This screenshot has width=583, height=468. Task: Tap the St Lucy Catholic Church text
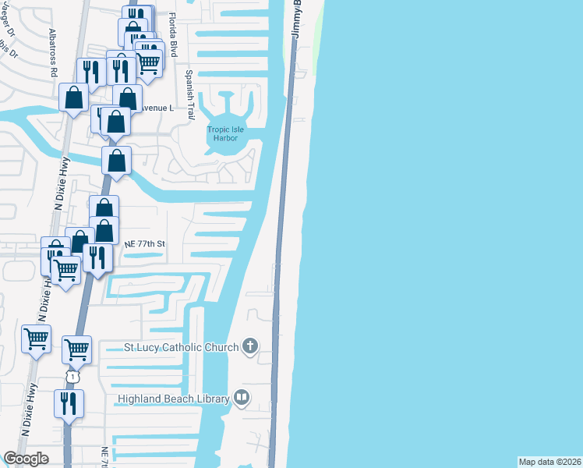click(182, 347)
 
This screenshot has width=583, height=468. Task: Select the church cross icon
click(249, 346)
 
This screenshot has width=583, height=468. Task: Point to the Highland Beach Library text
click(173, 399)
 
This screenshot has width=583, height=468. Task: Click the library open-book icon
click(242, 399)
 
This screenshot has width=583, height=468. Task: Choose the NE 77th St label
click(146, 244)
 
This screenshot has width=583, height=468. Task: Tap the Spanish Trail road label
click(189, 94)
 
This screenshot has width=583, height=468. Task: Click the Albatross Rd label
click(54, 54)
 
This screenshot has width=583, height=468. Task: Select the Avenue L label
click(157, 108)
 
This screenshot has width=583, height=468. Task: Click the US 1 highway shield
click(72, 377)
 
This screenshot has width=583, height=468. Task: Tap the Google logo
click(26, 459)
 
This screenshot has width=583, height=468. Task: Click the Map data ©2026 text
click(549, 462)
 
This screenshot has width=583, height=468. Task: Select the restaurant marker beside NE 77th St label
click(97, 257)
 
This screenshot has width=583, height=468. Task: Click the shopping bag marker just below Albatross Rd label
click(74, 97)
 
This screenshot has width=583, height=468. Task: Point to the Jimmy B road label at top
click(297, 21)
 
